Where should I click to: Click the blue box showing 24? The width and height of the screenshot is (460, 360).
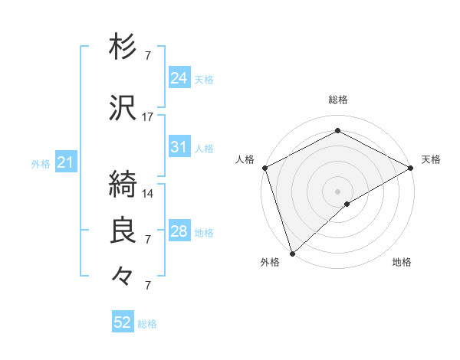[179, 77]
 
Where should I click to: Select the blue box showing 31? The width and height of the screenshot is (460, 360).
[179, 147]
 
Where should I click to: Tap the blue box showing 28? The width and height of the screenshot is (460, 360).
[179, 231]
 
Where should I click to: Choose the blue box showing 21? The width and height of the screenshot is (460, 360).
[65, 162]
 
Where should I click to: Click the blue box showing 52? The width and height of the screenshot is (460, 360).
[123, 322]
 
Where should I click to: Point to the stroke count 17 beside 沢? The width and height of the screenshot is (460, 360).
[148, 116]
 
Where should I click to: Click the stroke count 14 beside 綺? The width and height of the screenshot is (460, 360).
[148, 193]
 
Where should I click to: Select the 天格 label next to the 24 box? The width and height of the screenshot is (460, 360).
[204, 79]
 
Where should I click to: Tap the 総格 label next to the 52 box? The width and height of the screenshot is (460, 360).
[147, 324]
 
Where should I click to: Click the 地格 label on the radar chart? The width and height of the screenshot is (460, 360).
[402, 262]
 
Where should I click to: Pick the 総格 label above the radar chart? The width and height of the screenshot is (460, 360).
[337, 100]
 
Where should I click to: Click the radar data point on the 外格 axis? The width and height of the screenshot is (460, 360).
[292, 253]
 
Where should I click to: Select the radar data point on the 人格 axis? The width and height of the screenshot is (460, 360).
[264, 167]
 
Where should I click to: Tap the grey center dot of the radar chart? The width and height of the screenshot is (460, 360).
[337, 191]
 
